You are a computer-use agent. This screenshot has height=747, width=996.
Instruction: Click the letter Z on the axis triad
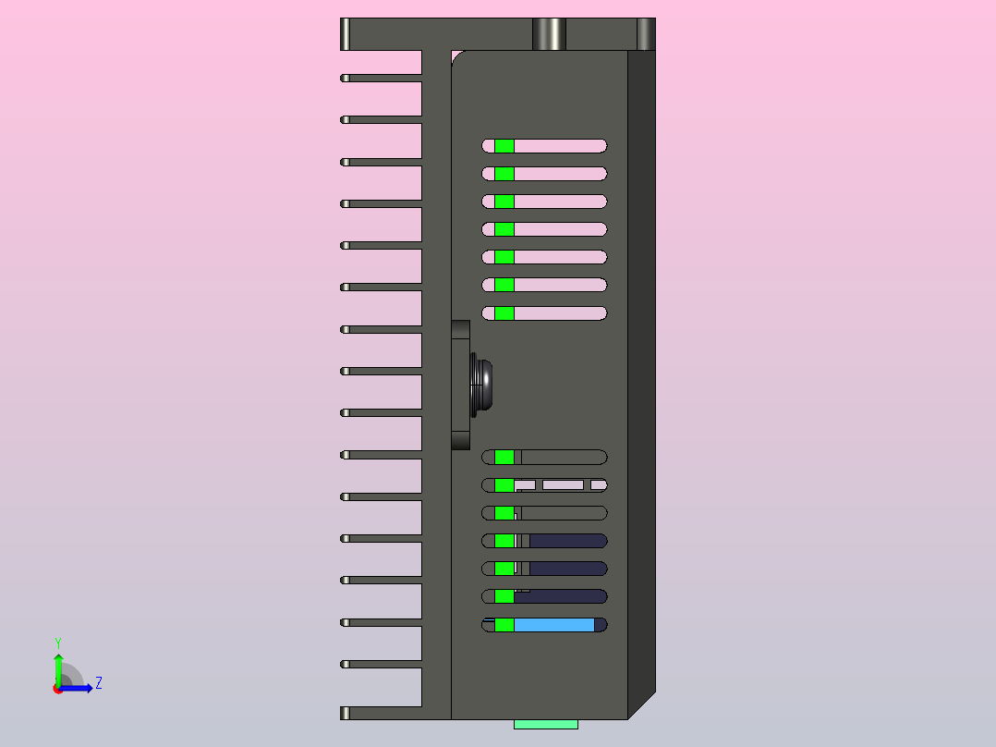[x=98, y=683]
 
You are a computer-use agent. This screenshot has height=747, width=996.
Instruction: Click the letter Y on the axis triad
[x=57, y=643]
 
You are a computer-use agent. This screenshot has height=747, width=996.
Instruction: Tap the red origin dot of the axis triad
[x=57, y=689]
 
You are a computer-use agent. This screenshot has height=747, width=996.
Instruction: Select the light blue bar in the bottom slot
[x=553, y=626]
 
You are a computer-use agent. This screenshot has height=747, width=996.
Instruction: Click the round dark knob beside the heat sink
[x=483, y=384]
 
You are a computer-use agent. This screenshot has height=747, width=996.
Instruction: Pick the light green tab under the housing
[x=545, y=724]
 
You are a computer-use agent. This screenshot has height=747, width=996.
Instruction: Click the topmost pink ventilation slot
[x=559, y=146]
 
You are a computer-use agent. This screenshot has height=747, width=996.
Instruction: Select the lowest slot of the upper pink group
[x=559, y=313]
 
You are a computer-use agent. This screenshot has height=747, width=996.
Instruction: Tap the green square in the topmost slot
[x=504, y=146]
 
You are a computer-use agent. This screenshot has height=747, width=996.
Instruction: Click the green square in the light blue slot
[x=504, y=626]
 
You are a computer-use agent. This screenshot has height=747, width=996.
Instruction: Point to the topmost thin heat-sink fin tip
[x=346, y=78]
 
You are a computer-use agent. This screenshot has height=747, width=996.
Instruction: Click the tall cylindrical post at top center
[x=549, y=34]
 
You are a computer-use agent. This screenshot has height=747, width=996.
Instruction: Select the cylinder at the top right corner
[x=646, y=34]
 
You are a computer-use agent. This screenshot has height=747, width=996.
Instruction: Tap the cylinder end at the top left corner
[x=346, y=34]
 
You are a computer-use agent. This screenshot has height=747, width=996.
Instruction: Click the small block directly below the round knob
[x=460, y=439]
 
